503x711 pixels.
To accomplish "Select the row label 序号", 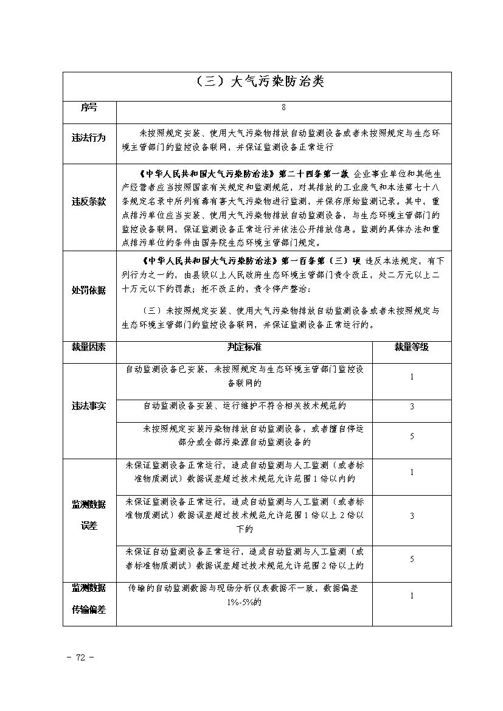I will pyautogui.click(x=89, y=107).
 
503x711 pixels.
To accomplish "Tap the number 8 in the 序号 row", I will pyautogui.click(x=283, y=107).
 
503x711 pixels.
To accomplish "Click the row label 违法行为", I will pyautogui.click(x=89, y=138).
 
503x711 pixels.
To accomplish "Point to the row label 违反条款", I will pyautogui.click(x=89, y=201).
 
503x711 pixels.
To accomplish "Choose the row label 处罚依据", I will pyautogui.click(x=89, y=290).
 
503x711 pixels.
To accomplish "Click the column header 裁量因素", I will pyautogui.click(x=89, y=347).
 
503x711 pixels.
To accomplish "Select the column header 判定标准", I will pyautogui.click(x=244, y=347).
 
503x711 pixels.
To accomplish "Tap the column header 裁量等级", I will pyautogui.click(x=411, y=347).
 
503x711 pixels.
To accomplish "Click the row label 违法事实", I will pyautogui.click(x=89, y=406).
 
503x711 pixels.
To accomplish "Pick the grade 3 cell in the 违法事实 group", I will pyautogui.click(x=412, y=406).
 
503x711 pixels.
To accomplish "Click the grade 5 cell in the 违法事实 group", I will pyautogui.click(x=412, y=436).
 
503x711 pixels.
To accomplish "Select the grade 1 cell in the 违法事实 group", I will pyautogui.click(x=412, y=377).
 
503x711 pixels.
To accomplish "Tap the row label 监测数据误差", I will pyautogui.click(x=89, y=515).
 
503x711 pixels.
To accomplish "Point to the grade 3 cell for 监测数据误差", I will pyautogui.click(x=412, y=516).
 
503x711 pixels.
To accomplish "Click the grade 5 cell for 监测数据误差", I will pyautogui.click(x=412, y=559).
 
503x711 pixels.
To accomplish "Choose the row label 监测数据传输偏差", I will pyautogui.click(x=89, y=598).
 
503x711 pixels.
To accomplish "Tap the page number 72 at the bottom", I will pyautogui.click(x=80, y=657).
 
